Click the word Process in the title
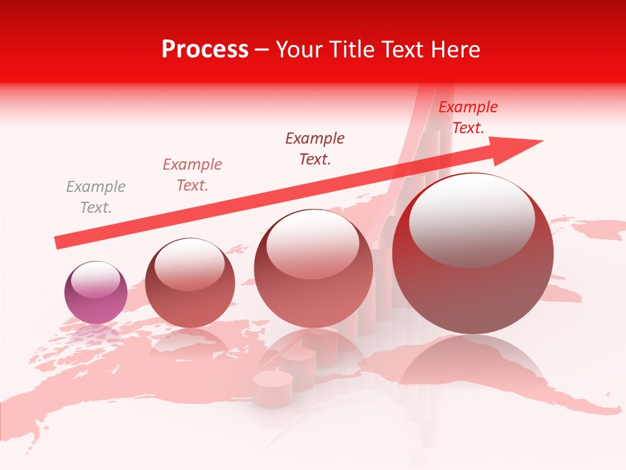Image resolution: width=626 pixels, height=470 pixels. (205, 50)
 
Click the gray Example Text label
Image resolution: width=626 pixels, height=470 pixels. (96, 197)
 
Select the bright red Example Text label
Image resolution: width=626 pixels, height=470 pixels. (468, 117)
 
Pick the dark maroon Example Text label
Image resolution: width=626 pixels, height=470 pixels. (315, 148)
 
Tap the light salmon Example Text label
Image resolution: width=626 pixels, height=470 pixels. (192, 174)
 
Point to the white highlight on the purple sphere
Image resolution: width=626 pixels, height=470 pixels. (95, 279)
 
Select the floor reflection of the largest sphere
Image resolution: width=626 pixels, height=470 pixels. (473, 366)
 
